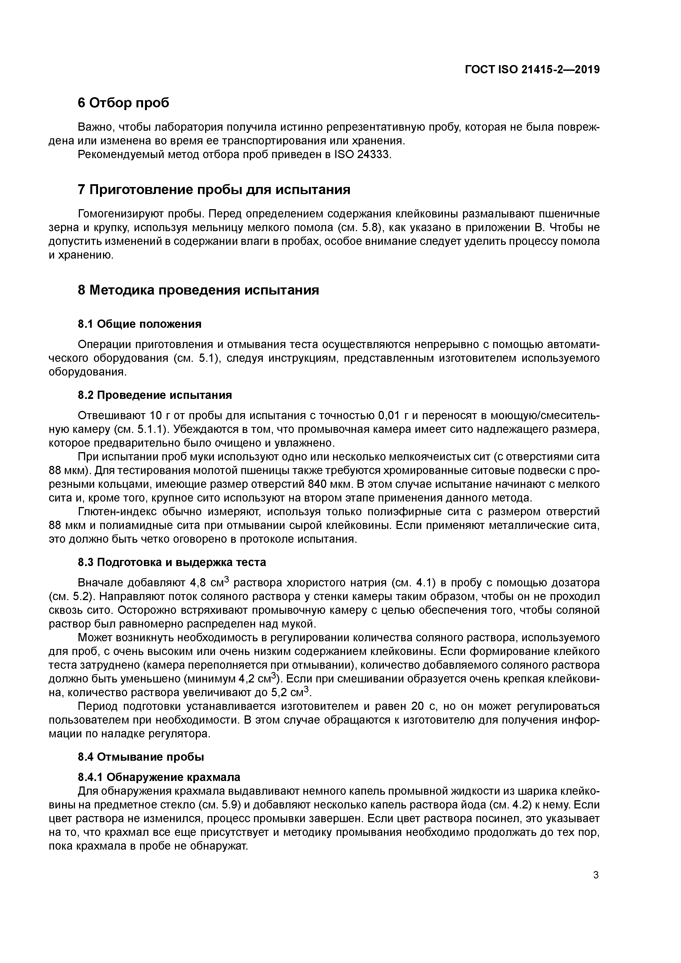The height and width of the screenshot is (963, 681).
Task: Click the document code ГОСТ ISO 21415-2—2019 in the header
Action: pos(532,70)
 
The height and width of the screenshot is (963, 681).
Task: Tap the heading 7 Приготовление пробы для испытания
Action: pos(214,190)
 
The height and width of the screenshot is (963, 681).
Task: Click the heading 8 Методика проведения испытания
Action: pos(198,290)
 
